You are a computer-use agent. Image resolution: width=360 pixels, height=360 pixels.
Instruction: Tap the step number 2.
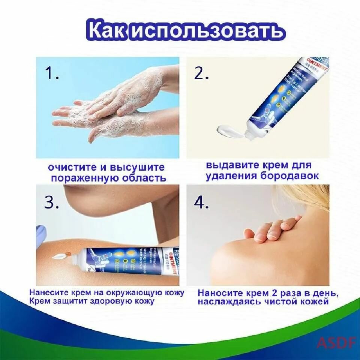[201, 73]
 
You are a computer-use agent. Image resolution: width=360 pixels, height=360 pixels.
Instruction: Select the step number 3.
[52, 202]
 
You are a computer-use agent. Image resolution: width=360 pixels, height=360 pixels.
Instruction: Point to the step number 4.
[201, 202]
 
